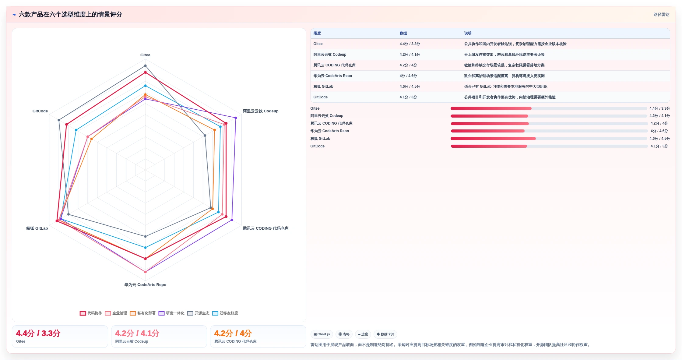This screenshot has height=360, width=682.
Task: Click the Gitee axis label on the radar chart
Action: coord(145,55)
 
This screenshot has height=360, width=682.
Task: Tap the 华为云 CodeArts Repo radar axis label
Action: coord(145,285)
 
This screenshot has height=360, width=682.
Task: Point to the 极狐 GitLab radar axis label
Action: coord(37,228)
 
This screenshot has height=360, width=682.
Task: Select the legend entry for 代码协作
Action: coord(91,313)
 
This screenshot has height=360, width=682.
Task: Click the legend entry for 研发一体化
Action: coord(171,313)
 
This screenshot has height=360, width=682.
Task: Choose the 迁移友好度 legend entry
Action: coord(225,313)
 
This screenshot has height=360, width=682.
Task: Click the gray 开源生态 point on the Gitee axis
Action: coord(145,66)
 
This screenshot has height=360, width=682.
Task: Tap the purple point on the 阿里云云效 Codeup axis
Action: coord(236,118)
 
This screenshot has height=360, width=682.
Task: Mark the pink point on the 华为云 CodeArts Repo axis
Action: coord(145,272)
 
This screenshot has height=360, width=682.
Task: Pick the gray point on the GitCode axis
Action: coord(59,120)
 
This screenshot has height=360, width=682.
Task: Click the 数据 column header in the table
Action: coord(403,34)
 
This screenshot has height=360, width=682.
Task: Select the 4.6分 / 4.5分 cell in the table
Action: coord(410,86)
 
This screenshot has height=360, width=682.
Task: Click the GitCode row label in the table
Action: coord(321,97)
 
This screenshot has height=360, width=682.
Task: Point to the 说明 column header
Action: coord(468,34)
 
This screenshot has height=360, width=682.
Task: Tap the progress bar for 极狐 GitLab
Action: coord(549,139)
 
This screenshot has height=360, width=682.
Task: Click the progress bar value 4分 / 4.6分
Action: coord(659,131)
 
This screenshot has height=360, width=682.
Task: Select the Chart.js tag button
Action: coord(322,334)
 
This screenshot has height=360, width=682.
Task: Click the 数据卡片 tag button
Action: coord(385,334)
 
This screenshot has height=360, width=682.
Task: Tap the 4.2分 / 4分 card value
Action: coord(233,333)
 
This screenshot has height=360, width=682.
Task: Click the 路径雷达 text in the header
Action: coord(661,15)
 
